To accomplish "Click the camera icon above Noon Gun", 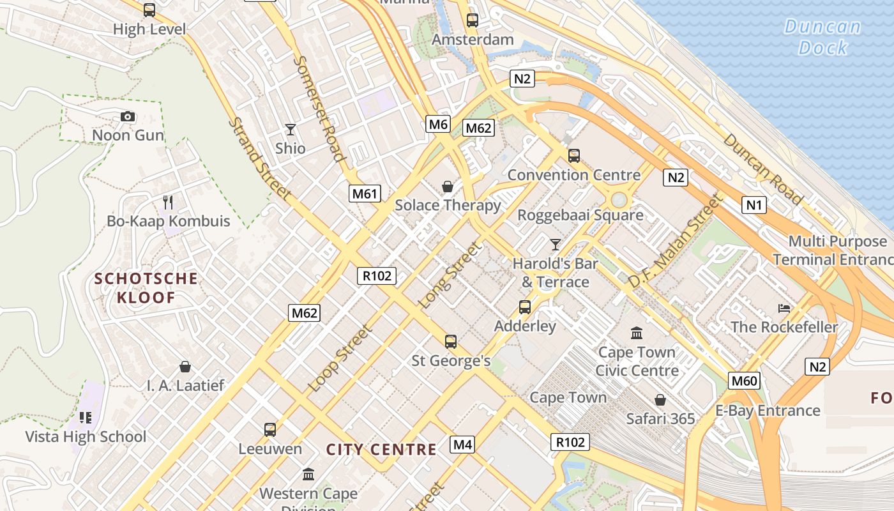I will click(x=128, y=116).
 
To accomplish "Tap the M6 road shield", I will click(x=438, y=124).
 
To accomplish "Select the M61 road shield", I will click(x=365, y=194).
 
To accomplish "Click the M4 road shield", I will click(x=462, y=445).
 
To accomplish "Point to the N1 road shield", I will click(x=754, y=205).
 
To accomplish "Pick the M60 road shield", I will click(x=744, y=381).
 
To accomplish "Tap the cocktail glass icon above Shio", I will click(x=291, y=130).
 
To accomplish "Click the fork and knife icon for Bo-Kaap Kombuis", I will click(x=168, y=202).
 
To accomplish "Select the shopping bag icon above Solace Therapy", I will click(x=448, y=187).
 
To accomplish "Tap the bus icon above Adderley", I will click(x=525, y=307).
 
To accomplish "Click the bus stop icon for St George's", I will click(x=451, y=342).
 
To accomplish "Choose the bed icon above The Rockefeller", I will click(x=784, y=309).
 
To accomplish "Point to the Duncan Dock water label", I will click(x=822, y=37).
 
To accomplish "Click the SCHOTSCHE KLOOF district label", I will click(x=146, y=288).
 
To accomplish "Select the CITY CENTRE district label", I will click(x=381, y=450).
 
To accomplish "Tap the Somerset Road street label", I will click(x=319, y=109).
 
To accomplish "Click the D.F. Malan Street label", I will click(x=677, y=241).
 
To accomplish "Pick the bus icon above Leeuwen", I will click(x=270, y=430).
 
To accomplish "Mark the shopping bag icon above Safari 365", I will click(x=660, y=400).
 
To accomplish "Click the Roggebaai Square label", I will click(x=580, y=215).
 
